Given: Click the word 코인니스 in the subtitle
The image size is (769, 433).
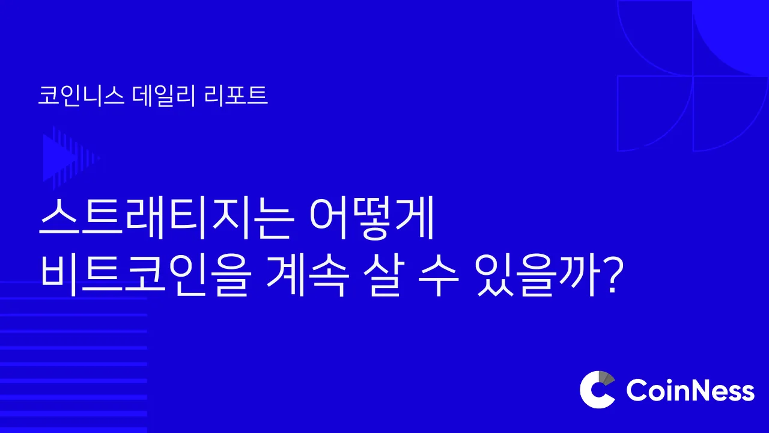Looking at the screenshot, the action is (x=81, y=95).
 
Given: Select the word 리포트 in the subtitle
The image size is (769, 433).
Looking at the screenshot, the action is (x=236, y=95).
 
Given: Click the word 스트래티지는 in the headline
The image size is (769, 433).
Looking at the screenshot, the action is (x=167, y=218).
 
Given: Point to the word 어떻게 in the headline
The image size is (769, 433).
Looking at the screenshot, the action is (x=372, y=218).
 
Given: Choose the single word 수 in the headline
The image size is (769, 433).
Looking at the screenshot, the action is (x=439, y=275).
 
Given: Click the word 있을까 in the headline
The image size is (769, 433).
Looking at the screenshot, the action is (x=538, y=275).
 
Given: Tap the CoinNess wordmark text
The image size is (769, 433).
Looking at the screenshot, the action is (x=690, y=390).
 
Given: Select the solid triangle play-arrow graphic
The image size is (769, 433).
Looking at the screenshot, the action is (x=59, y=158).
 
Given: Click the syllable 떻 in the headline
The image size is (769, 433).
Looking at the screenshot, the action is (x=372, y=218).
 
